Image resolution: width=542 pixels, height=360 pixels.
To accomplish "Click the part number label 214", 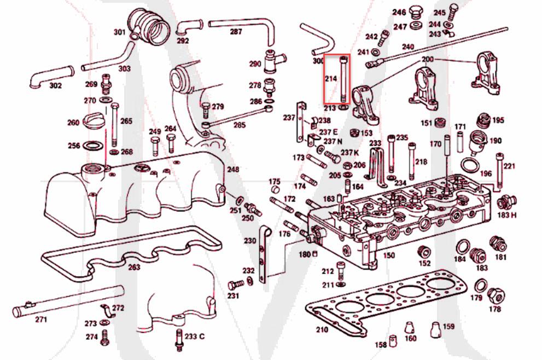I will pyautogui.click(x=330, y=79).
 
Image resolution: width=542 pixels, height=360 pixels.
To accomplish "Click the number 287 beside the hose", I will pyautogui.click(x=236, y=32).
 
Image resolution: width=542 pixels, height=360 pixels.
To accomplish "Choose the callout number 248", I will pyautogui.click(x=234, y=170).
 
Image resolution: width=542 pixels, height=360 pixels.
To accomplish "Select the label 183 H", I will pyautogui.click(x=506, y=215).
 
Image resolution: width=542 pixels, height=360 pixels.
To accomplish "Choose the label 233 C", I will pyautogui.click(x=194, y=336).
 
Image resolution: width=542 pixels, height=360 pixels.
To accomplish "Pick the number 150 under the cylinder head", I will pyautogui.click(x=389, y=255).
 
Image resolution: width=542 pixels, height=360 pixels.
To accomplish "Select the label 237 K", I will pyautogui.click(x=350, y=152).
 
